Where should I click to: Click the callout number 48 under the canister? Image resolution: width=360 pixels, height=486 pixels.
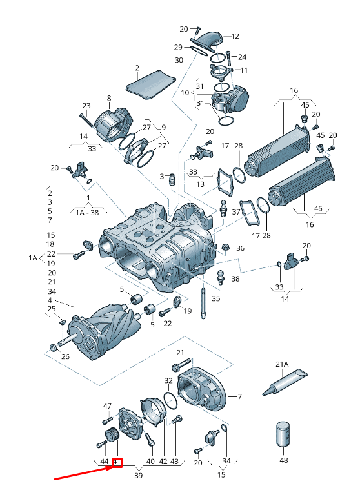point(284,460)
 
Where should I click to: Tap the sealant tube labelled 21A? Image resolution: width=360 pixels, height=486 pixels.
point(285,382)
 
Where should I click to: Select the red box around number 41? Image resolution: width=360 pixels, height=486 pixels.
point(117,462)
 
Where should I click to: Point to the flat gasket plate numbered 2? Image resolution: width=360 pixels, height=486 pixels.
point(150,84)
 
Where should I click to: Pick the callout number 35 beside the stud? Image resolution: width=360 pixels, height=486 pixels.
point(215,298)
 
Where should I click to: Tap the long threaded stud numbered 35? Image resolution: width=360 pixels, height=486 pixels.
point(203,304)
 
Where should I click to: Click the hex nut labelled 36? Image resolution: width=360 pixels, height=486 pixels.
point(226,248)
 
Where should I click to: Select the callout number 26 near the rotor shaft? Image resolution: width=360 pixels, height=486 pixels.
point(65,356)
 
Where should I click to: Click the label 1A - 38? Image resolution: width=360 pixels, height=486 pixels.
point(88,213)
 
